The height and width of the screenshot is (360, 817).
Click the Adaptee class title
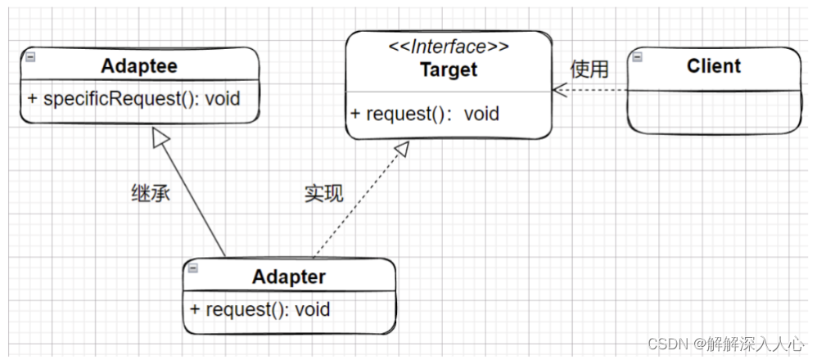[x=139, y=66]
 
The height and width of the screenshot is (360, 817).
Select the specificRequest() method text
[x=134, y=98]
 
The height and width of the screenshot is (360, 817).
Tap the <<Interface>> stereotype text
[x=449, y=47]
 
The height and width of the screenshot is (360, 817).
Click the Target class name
[x=449, y=70]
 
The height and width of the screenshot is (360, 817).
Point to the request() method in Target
[x=425, y=114]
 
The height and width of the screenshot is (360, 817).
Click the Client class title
[x=714, y=66]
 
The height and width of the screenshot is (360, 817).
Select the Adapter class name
[x=289, y=277]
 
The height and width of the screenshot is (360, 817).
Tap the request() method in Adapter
[x=260, y=309]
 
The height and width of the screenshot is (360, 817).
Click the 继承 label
[x=151, y=194]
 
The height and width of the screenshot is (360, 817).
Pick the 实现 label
[x=324, y=194]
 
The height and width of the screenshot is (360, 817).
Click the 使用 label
[x=589, y=69]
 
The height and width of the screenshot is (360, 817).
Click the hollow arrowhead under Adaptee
[x=161, y=137]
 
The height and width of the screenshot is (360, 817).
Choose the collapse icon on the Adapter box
[x=193, y=268]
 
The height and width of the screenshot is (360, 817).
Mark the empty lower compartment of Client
[x=714, y=112]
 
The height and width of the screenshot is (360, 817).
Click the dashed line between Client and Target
[x=590, y=90]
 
